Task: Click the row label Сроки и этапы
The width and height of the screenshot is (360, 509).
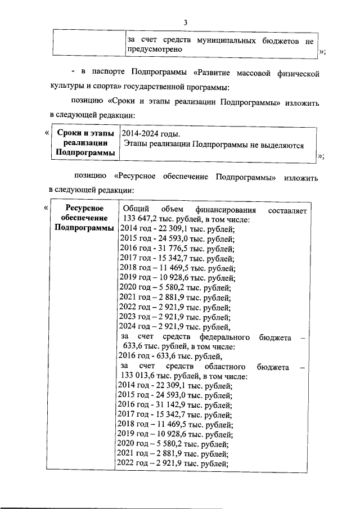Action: coord(82,134)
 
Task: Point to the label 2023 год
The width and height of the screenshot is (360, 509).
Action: coord(136,317)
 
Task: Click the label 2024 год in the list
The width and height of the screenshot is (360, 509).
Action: coord(136,327)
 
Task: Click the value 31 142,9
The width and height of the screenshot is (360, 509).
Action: coord(172,405)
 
